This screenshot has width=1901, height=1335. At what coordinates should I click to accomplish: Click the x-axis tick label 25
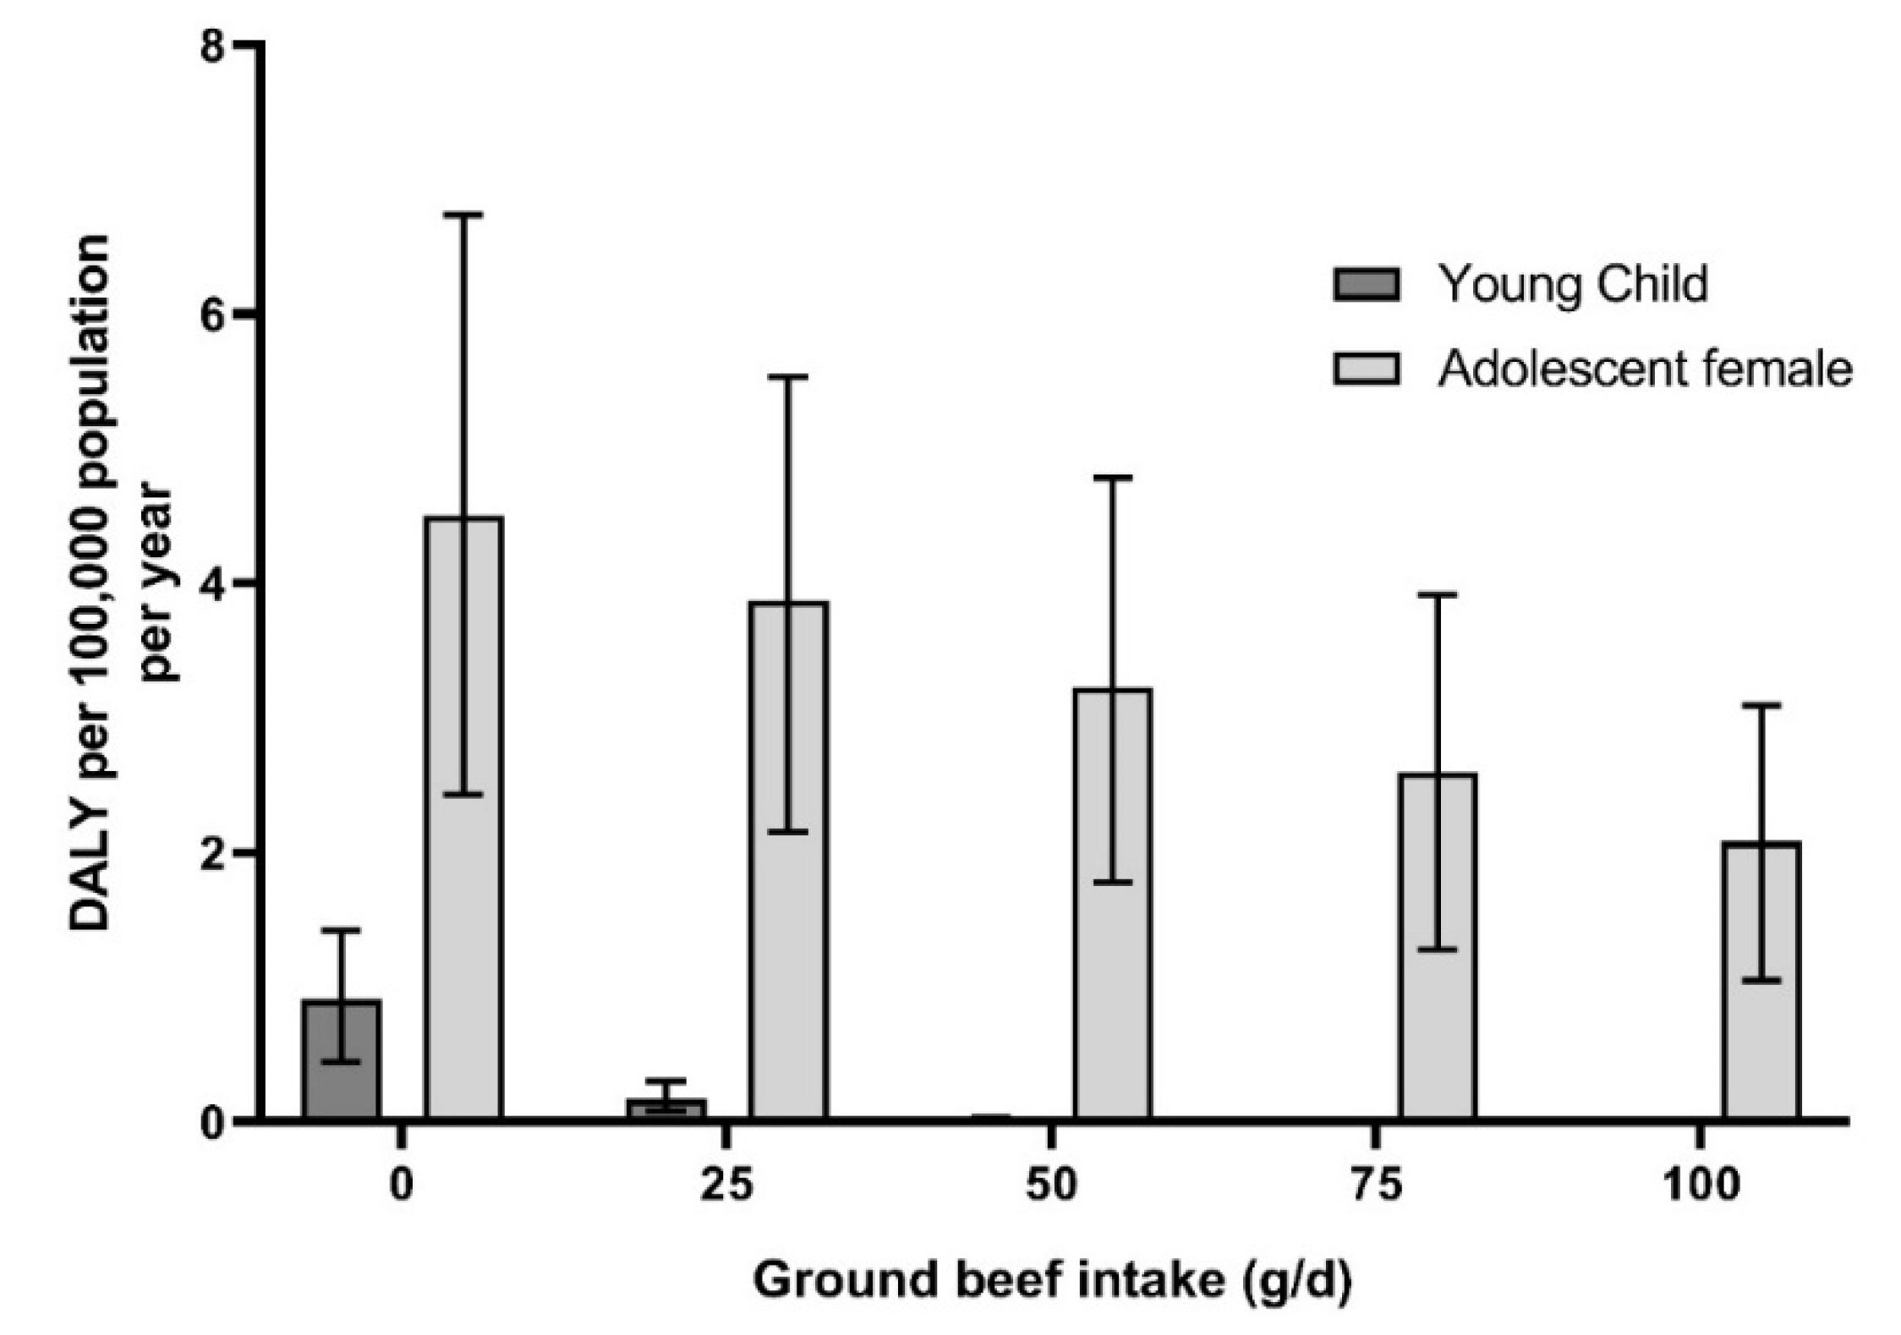pyautogui.click(x=727, y=1185)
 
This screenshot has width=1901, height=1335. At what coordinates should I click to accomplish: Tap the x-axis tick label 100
pyautogui.click(x=1701, y=1185)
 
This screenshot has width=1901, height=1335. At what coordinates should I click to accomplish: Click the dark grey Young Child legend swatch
pyautogui.click(x=1367, y=284)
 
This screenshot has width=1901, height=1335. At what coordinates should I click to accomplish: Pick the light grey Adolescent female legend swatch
pyautogui.click(x=1367, y=369)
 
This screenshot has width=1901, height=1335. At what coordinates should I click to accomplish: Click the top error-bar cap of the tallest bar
pyautogui.click(x=464, y=216)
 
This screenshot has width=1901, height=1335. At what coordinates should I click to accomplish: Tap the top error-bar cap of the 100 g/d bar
pyautogui.click(x=1761, y=704)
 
